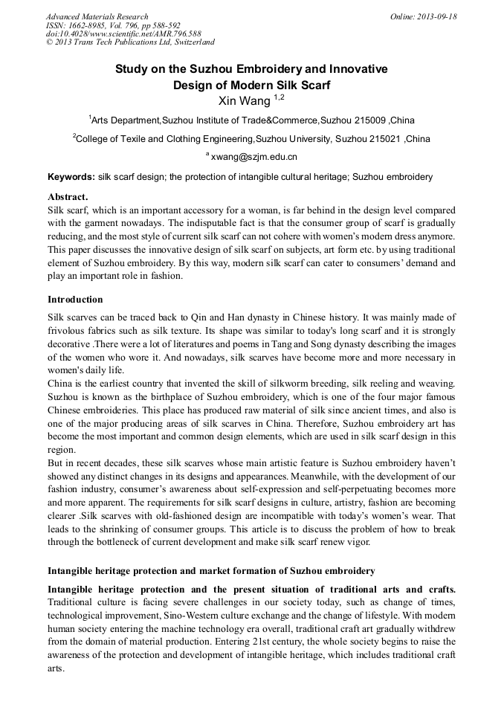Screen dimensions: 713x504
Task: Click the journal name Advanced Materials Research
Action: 97,16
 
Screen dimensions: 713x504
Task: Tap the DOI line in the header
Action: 123,34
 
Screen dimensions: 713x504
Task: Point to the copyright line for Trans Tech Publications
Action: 130,43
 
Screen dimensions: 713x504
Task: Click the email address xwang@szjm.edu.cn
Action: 254,157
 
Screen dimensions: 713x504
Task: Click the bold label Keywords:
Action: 71,178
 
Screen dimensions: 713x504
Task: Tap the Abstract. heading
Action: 68,197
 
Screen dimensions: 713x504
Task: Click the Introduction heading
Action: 75,300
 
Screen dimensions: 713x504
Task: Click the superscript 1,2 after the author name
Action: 280,97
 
